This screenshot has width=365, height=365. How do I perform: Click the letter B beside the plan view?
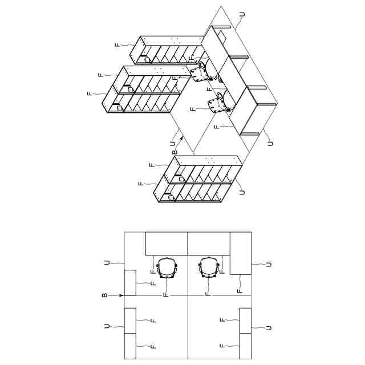click(x=105, y=295)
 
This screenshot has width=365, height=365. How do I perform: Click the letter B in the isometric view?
click(x=175, y=153)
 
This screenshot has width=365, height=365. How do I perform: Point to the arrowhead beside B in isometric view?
click(x=181, y=137)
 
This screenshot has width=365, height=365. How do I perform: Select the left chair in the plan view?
click(x=167, y=267)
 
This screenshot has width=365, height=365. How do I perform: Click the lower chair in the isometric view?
click(x=218, y=103)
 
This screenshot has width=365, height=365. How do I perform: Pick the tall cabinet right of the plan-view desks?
click(x=240, y=253)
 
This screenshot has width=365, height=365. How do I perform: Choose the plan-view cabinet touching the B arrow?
click(x=130, y=283)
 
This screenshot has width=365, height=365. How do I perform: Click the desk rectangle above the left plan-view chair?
click(x=167, y=244)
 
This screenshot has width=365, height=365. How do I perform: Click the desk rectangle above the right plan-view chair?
click(x=209, y=244)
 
